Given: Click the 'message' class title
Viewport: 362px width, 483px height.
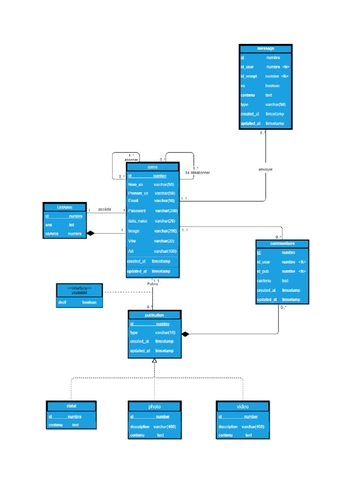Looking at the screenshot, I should (x=266, y=49).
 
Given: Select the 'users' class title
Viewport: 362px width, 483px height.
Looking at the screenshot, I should (x=152, y=167).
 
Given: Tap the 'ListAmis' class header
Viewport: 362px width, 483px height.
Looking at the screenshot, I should (x=65, y=207).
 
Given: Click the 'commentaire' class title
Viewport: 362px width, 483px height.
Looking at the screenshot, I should (x=282, y=243).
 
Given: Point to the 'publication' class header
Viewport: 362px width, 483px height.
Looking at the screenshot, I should (x=154, y=315).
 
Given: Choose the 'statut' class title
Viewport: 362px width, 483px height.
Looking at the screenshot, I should (x=72, y=406).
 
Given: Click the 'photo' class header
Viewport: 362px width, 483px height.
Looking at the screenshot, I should (x=154, y=406).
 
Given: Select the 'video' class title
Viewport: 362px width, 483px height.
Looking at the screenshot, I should (x=243, y=406).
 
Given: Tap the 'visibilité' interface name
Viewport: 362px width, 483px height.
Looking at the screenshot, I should (x=79, y=292).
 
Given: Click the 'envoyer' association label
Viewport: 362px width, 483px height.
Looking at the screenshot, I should (x=265, y=169).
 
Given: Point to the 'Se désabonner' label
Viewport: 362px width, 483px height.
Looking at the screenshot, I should (x=197, y=173).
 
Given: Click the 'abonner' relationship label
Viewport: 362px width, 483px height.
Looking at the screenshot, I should (x=131, y=160).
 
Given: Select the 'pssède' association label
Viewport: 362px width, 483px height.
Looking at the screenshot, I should (x=105, y=209).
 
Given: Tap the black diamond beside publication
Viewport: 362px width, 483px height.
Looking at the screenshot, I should (x=185, y=334).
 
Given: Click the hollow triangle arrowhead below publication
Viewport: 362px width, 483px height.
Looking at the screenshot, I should (x=154, y=361).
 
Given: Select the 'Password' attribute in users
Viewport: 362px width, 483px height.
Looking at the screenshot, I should (x=137, y=211).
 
